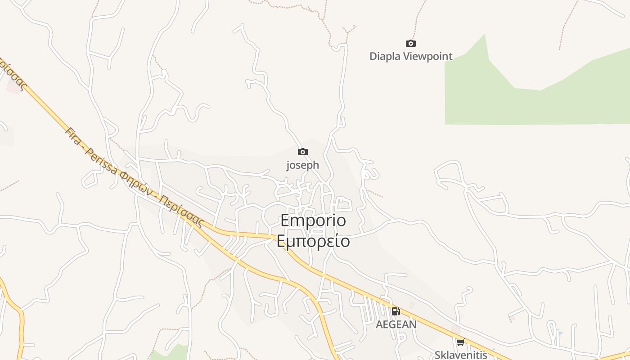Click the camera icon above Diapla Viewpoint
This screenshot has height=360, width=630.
click(410, 43)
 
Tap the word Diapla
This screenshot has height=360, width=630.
click(385, 56)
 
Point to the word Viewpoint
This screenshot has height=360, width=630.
click(427, 56)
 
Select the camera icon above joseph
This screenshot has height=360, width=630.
click(303, 152)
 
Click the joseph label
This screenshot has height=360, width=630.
click(303, 165)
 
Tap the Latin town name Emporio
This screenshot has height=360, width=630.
click(313, 221)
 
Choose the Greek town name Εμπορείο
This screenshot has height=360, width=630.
click(313, 241)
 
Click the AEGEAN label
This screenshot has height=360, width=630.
click(396, 324)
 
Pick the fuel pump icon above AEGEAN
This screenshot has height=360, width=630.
click(396, 311)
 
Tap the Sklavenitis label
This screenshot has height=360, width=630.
click(461, 355)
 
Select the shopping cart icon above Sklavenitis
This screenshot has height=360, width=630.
click(460, 342)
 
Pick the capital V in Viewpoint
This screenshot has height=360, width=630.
click(406, 56)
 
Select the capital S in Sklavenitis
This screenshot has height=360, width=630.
click(438, 355)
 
